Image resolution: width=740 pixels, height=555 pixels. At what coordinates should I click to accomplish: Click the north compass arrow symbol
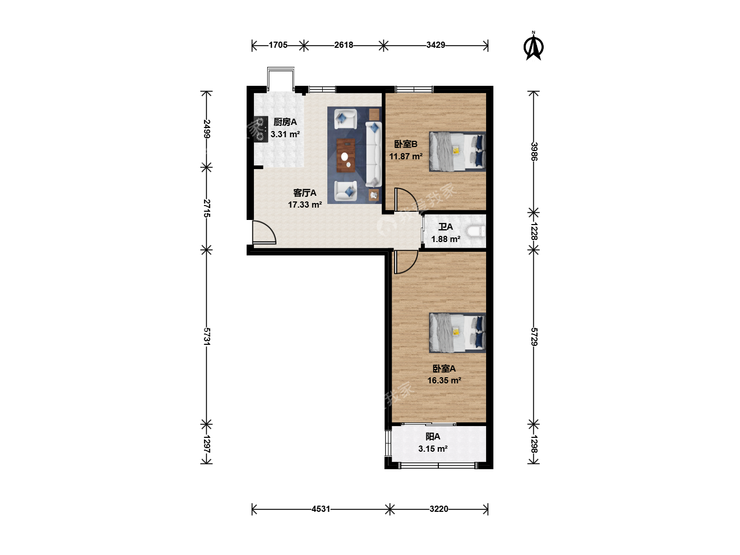(x=533, y=46)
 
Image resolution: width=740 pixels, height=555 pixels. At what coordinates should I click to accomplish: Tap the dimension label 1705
(x=278, y=45)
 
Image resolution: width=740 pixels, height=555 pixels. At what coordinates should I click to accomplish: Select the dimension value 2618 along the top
(x=344, y=45)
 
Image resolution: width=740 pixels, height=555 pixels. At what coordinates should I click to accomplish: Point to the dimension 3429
(x=436, y=45)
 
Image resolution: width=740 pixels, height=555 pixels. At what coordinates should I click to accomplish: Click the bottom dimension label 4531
(x=321, y=509)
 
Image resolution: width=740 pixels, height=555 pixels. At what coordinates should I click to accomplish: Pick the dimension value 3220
(x=439, y=509)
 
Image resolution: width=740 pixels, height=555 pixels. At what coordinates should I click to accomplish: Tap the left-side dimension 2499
(x=207, y=128)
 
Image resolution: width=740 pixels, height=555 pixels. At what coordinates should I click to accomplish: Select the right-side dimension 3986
(x=534, y=151)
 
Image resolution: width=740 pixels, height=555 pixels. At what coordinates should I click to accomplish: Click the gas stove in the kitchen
(x=261, y=129)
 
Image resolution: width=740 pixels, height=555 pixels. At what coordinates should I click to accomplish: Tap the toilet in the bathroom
(x=476, y=231)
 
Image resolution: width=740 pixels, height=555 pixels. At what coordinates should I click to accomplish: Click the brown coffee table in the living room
(x=345, y=155)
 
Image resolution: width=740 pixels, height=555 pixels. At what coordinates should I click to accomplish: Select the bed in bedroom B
(x=457, y=152)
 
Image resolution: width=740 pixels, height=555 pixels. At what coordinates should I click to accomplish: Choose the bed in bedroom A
(x=457, y=333)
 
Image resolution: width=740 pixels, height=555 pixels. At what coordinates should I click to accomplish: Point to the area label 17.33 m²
(x=305, y=205)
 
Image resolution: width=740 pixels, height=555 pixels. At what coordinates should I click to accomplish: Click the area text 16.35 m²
(x=444, y=380)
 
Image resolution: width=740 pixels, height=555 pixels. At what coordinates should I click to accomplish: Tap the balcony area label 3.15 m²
(x=433, y=449)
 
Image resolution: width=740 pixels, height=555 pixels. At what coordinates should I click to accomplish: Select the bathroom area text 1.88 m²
(x=446, y=239)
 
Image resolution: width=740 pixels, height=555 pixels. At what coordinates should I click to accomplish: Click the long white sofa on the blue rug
(x=374, y=155)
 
